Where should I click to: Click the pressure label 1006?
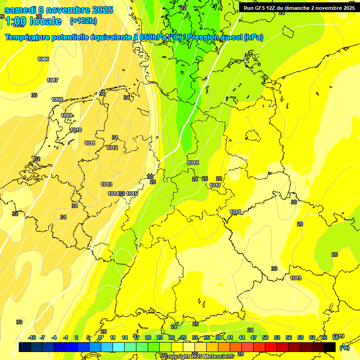pyautogui.click(x=43, y=59)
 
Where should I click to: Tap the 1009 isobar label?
pyautogui.click(x=67, y=115)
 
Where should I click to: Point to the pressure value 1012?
pyautogui.click(x=112, y=148)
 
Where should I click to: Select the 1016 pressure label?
pyautogui.click(x=193, y=163)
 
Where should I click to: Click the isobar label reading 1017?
pyautogui.click(x=215, y=185)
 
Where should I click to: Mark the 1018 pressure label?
pyautogui.click(x=235, y=212)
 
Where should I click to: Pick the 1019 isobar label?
pyautogui.click(x=296, y=278)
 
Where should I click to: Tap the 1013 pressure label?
pyautogui.click(x=106, y=184)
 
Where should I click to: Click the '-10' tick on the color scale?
pyautogui.click(x=32, y=337)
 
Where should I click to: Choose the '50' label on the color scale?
pyautogui.click(x=265, y=337)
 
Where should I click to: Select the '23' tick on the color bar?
pyautogui.click(x=160, y=337)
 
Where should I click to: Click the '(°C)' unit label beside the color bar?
pyautogui.click(x=344, y=347)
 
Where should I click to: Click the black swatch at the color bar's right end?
pyautogui.click(x=330, y=347)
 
